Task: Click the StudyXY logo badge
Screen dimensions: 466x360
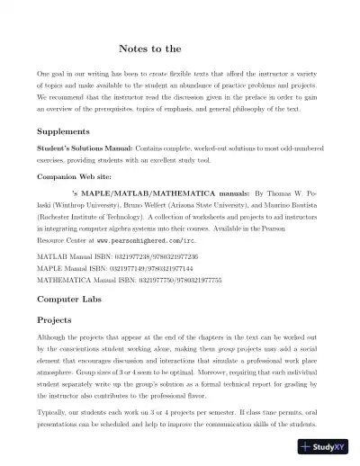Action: click(x=326, y=446)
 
